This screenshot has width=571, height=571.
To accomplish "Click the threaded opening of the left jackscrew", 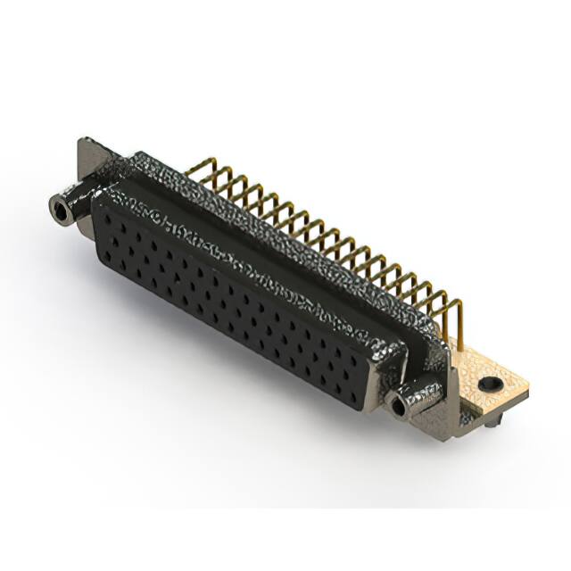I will pos(60,211).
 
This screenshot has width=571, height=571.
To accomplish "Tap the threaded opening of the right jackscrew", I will pos(396,407).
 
